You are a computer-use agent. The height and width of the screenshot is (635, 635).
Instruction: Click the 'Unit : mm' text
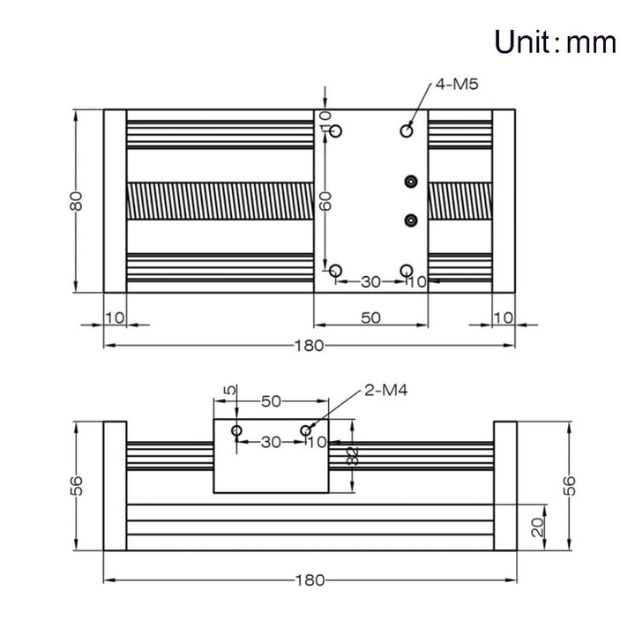click(556, 42)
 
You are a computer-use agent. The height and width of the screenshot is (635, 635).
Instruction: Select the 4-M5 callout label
click(457, 85)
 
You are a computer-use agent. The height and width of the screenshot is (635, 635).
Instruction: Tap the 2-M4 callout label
click(386, 391)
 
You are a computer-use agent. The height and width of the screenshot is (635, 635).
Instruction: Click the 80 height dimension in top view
click(76, 201)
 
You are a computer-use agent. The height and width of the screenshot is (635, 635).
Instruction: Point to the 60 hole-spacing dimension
click(325, 201)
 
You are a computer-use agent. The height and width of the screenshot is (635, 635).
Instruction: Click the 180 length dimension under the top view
click(309, 346)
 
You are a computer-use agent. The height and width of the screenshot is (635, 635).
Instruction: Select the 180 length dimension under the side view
click(310, 580)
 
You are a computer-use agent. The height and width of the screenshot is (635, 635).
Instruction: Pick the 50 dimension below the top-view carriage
click(370, 317)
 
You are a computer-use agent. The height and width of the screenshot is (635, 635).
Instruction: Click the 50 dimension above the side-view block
click(271, 401)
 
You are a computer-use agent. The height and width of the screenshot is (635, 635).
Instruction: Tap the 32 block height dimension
click(353, 457)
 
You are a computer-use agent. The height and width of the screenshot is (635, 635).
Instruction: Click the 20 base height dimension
click(538, 527)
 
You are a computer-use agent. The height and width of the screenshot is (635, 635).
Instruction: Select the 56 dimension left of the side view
click(76, 486)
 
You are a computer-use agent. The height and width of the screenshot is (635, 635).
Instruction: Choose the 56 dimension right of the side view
click(569, 486)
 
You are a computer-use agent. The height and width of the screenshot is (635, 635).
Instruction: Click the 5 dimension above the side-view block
click(229, 391)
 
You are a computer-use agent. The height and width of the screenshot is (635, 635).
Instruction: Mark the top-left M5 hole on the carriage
click(336, 131)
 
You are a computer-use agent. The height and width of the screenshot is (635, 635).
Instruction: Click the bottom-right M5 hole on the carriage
click(407, 271)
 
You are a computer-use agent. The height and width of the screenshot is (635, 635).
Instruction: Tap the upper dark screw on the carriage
click(411, 182)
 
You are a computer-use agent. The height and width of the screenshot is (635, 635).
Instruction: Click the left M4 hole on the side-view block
click(237, 430)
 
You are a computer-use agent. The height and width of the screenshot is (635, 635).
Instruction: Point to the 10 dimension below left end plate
click(115, 317)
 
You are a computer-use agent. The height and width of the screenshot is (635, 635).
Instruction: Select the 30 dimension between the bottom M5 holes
click(370, 282)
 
